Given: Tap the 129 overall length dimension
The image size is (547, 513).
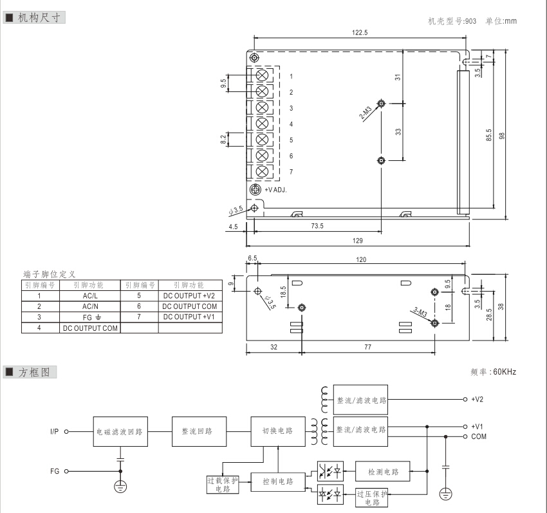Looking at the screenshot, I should coord(357,241).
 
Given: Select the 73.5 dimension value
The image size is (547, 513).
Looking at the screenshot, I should coord(317,225).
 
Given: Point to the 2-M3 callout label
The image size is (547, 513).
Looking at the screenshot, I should coord(366,115).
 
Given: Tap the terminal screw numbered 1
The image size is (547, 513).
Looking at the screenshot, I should coord(262,76).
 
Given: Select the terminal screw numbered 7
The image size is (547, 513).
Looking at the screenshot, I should coord(262,172).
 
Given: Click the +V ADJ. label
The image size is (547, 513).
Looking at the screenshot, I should coord(276,190).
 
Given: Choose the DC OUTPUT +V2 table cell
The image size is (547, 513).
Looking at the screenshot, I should coord(190,295).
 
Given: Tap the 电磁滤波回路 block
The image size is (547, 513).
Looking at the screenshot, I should coord(119,431).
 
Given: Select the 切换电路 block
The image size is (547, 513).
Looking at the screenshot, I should coord(277,431).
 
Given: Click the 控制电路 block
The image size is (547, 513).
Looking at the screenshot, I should coord(277,481).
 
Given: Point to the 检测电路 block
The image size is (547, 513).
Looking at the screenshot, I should coord(384,472).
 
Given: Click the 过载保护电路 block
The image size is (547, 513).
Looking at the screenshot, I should coord(222,485).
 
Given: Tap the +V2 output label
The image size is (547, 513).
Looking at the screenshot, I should coord(477,399).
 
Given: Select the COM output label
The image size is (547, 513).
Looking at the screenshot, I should coord(479,436).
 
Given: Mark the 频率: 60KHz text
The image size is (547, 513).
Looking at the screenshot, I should coord(494,372).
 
